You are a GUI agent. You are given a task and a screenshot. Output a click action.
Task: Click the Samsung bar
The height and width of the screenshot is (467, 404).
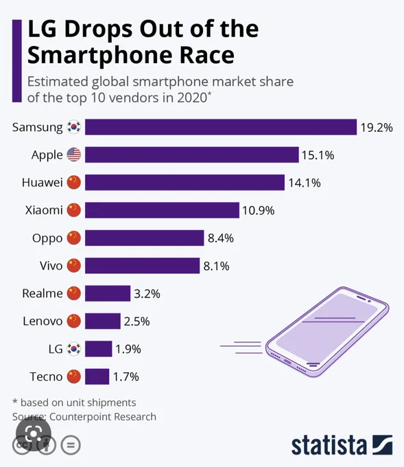[x=221, y=127]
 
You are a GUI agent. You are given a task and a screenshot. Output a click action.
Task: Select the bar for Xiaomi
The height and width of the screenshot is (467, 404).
[x=162, y=210]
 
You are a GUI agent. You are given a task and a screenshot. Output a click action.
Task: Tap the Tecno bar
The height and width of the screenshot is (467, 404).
[x=97, y=376]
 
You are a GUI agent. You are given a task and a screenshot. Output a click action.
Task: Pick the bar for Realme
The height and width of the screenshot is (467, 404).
[x=108, y=293]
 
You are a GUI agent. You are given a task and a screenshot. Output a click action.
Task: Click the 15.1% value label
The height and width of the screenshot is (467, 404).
[x=318, y=155]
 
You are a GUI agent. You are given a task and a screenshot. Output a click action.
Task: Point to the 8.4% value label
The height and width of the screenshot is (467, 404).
[x=220, y=238]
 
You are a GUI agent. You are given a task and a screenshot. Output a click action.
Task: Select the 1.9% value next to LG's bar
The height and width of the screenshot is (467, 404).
[x=128, y=349]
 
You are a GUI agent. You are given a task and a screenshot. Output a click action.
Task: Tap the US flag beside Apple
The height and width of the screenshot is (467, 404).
[x=74, y=155]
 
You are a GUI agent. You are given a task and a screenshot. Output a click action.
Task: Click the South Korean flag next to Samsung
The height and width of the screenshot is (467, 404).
[x=74, y=127]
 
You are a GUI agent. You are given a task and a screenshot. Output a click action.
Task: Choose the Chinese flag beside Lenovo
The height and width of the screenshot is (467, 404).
[x=74, y=321]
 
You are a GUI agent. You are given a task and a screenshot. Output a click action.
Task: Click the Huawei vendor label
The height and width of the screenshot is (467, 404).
[x=43, y=182]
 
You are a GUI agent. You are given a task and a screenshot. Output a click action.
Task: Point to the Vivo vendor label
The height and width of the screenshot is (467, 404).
[x=51, y=266]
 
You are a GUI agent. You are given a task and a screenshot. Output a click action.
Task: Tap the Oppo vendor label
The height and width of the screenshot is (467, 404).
[x=47, y=238]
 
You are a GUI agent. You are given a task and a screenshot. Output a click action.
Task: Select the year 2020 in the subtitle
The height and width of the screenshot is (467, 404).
[x=192, y=98]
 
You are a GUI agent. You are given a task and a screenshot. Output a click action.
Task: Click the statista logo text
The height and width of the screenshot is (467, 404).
[x=329, y=445]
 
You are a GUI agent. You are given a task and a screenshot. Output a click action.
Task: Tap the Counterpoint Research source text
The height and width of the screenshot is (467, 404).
[x=103, y=416]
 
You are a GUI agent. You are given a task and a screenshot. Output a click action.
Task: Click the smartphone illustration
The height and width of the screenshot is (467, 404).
[x=327, y=332]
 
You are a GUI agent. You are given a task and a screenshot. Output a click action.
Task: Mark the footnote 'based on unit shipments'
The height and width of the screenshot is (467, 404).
[x=78, y=402]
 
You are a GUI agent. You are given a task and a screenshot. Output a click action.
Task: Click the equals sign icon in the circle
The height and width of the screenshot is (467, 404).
[x=71, y=445]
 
